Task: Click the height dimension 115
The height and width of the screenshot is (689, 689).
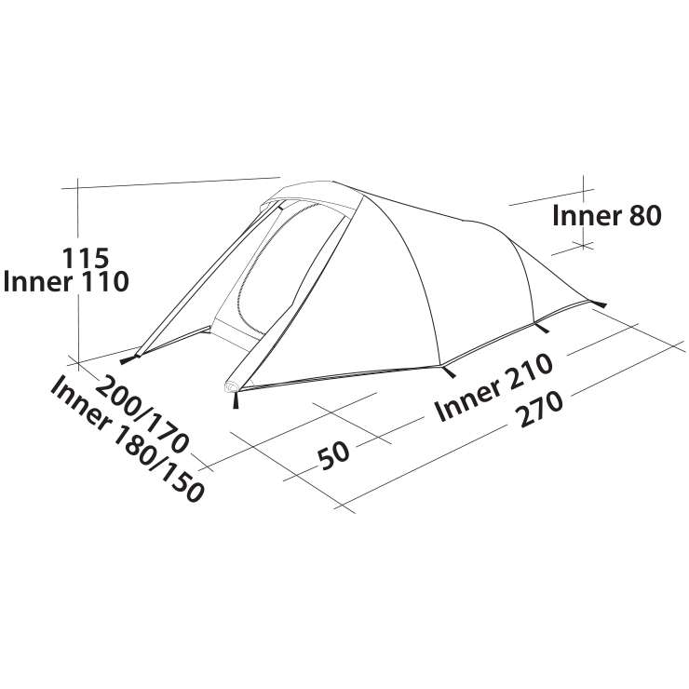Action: pyautogui.click(x=86, y=258)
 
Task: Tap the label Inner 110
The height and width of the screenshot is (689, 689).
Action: pyautogui.click(x=66, y=282)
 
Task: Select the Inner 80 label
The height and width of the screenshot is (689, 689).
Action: pyautogui.click(x=607, y=216)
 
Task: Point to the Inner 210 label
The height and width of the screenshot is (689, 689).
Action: pyautogui.click(x=493, y=387)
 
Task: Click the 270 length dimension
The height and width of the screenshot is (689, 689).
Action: pyautogui.click(x=540, y=410)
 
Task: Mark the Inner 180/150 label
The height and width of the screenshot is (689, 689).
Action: pyautogui.click(x=127, y=439)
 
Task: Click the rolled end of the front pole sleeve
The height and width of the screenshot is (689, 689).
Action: pyautogui.click(x=231, y=386)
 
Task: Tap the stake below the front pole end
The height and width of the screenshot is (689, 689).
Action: pyautogui.click(x=236, y=400)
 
